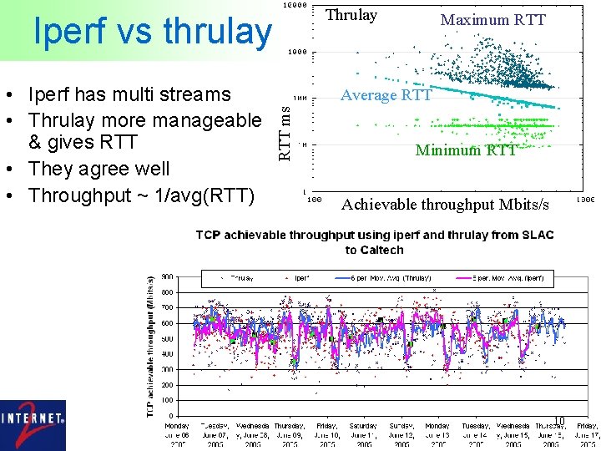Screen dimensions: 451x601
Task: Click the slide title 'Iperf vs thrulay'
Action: point(152,32)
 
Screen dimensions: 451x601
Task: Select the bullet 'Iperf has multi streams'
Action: point(129,94)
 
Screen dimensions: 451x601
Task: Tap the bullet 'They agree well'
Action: point(98,169)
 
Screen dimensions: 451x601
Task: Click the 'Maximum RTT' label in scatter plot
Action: point(492,19)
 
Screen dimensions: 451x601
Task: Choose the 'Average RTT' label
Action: point(386,95)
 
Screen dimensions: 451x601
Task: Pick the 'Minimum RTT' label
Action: point(466,150)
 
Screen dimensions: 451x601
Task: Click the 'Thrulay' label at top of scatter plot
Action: point(351,15)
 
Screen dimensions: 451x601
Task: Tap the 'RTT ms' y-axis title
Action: point(285,130)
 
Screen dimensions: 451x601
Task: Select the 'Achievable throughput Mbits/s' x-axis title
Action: point(445,205)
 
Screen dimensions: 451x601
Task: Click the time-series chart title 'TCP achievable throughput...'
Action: point(374,242)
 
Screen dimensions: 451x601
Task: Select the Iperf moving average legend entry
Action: point(499,278)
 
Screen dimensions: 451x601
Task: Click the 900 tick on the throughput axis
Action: point(168,277)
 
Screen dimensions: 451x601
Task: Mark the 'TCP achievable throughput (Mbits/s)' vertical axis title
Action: point(150,346)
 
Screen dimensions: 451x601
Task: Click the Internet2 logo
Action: point(33,425)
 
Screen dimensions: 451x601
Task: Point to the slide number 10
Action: point(559,420)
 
